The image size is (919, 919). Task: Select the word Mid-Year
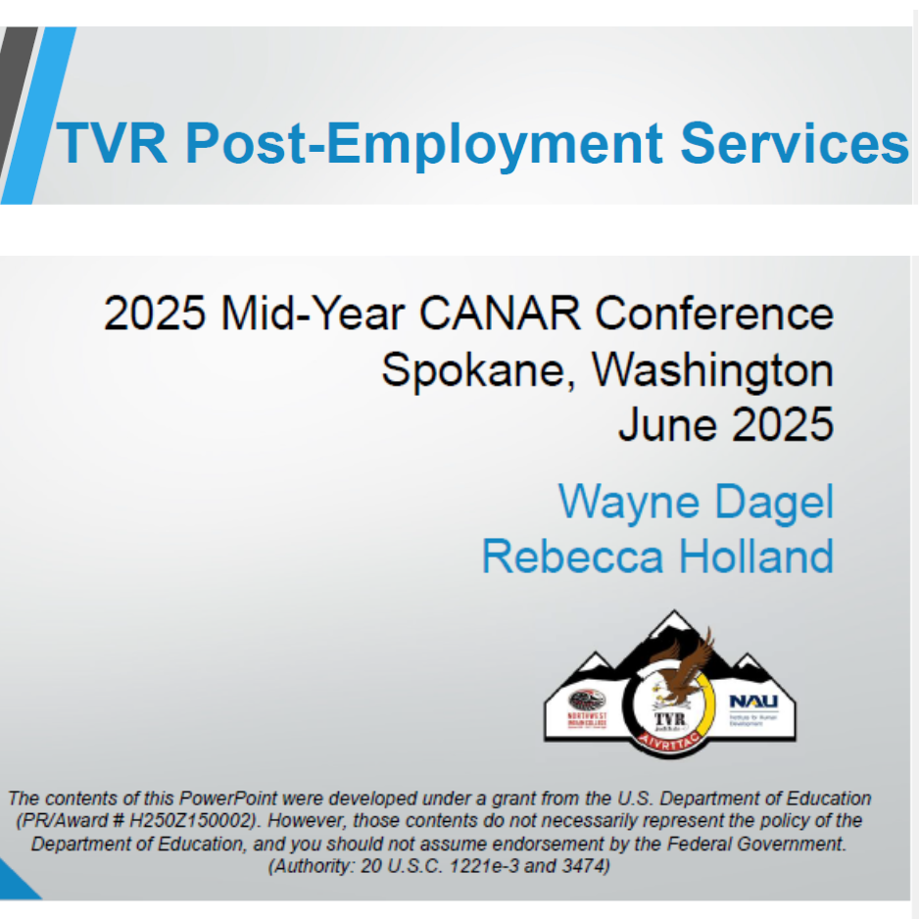314,314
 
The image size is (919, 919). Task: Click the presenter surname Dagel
774,502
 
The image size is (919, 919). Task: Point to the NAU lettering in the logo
752,702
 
